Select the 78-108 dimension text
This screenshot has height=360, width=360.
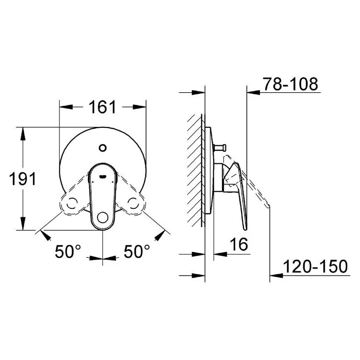click(290, 84)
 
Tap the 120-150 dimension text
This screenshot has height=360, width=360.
click(315, 267)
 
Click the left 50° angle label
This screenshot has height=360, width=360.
click(68, 252)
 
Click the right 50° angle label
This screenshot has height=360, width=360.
click(137, 252)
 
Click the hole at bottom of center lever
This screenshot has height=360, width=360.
click(103, 218)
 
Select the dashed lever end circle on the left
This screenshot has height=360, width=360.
click(72, 203)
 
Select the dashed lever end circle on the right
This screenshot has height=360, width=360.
click(134, 203)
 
